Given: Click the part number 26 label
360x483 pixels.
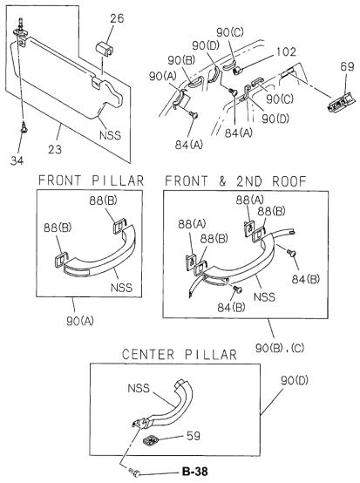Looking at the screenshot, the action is pyautogui.click(x=117, y=18).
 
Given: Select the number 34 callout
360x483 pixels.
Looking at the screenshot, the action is pyautogui.click(x=17, y=160).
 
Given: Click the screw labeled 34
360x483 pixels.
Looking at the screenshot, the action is pyautogui.click(x=24, y=127).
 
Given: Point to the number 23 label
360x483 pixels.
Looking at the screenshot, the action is pyautogui.click(x=55, y=150).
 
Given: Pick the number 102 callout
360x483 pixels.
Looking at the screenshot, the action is pyautogui.click(x=286, y=51).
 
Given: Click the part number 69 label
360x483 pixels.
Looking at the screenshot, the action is pyautogui.click(x=347, y=67).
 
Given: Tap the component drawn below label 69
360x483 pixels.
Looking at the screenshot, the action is pyautogui.click(x=342, y=102).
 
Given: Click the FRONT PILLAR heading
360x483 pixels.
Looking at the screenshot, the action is pyautogui.click(x=91, y=180).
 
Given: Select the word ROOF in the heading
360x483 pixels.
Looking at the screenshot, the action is pyautogui.click(x=289, y=181).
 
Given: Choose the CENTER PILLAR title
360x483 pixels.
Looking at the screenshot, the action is pyautogui.click(x=180, y=354).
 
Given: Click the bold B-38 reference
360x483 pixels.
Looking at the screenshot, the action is pyautogui.click(x=195, y=472).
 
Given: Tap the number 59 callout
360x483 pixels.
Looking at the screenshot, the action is pyautogui.click(x=194, y=436).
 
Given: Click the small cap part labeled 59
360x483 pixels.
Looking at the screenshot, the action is pyautogui.click(x=151, y=440).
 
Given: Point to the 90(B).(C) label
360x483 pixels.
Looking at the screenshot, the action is pyautogui.click(x=280, y=348).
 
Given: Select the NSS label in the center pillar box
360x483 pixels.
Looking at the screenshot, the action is pyautogui.click(x=139, y=388).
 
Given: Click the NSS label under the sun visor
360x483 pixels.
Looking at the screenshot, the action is pyautogui.click(x=110, y=135).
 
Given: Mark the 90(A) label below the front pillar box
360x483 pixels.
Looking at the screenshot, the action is pyautogui.click(x=80, y=321).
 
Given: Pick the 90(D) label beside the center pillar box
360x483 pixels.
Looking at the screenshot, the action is pyautogui.click(x=295, y=380).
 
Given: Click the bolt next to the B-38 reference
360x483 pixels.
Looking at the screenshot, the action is pyautogui.click(x=135, y=473).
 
